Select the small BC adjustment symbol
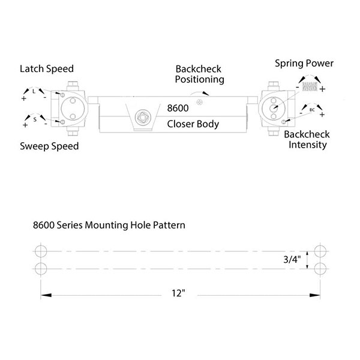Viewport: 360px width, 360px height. click(312, 110)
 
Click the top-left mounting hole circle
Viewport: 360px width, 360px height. click(41, 251)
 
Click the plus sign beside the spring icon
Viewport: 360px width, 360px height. click(322, 89)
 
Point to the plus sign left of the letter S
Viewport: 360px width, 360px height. click(25, 125)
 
